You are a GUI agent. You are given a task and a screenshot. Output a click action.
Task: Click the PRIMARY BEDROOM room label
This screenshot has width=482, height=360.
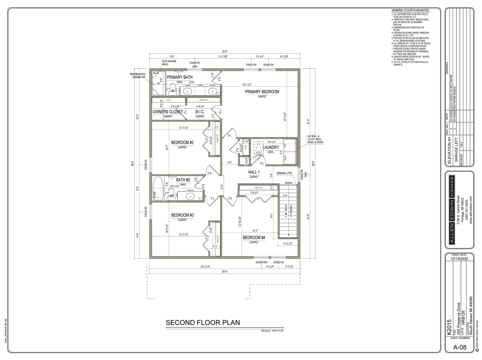(262, 92)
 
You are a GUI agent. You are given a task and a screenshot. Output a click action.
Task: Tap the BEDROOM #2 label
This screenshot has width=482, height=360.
(182, 143)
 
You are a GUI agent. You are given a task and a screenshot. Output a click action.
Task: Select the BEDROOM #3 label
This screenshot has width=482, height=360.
(182, 215)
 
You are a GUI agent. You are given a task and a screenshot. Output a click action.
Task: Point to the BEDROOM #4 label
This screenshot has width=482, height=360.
(254, 238)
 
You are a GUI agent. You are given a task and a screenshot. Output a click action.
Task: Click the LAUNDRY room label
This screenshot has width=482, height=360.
(271, 147)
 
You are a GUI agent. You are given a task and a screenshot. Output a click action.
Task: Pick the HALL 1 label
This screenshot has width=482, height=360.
(254, 172)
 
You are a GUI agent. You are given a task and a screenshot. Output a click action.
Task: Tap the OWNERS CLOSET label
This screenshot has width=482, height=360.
(168, 112)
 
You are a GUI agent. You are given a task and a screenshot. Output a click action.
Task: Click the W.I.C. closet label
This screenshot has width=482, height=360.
(200, 112)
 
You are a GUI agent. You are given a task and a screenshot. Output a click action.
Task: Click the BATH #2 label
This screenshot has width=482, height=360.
(183, 180)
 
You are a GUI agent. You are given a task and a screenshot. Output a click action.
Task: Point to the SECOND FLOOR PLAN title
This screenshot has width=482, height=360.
(203, 323)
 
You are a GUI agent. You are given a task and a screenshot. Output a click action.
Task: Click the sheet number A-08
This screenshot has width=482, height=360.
(459, 347)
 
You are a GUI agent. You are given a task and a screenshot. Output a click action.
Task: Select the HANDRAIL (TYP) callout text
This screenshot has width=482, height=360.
(284, 173)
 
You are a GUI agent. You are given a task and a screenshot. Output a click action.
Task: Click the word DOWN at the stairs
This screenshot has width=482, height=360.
(288, 183)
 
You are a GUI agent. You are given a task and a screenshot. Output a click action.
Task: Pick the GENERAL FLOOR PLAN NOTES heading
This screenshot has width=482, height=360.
(410, 10)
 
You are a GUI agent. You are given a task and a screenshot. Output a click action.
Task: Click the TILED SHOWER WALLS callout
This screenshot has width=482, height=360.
(169, 62)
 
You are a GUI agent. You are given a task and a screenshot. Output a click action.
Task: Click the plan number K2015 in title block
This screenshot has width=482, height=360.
(448, 327)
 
